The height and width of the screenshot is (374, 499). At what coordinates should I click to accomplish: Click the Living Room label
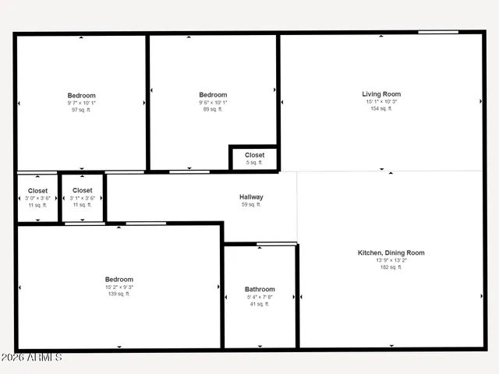click(x=380, y=93)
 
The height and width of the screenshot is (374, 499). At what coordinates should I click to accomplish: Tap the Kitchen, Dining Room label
click(x=391, y=252)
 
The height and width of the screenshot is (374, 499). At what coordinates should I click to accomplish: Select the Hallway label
click(x=251, y=197)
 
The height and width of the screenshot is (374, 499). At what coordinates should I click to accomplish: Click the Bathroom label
click(x=260, y=289)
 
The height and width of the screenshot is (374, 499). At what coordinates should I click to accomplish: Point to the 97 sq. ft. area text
click(x=81, y=110)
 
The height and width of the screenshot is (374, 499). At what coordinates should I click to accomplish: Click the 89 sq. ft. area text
click(x=213, y=110)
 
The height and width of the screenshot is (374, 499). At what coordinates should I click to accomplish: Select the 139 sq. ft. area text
click(x=119, y=294)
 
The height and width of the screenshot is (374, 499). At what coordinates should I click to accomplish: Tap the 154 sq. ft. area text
click(x=380, y=108)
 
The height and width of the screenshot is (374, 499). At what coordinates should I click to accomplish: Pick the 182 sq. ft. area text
click(x=391, y=267)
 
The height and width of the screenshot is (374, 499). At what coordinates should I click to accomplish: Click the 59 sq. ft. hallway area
click(x=251, y=205)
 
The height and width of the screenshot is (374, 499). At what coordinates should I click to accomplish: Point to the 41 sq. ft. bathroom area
click(x=260, y=304)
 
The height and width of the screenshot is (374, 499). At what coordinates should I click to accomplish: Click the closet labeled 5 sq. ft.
click(x=254, y=162)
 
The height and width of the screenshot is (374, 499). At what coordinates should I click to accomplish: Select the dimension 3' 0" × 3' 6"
click(x=37, y=198)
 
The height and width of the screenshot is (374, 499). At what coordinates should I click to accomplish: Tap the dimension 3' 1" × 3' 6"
click(x=82, y=198)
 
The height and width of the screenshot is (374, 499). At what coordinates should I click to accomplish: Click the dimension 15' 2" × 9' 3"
click(x=119, y=287)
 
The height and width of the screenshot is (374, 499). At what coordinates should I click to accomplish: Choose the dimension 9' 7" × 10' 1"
click(x=81, y=103)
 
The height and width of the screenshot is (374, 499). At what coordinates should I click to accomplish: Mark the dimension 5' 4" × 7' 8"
click(x=260, y=297)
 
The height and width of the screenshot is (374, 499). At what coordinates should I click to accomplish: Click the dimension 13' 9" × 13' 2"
click(x=391, y=260)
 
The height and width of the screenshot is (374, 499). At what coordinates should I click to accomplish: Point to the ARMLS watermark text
click(x=31, y=358)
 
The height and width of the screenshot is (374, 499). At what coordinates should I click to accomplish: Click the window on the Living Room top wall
click(x=437, y=32)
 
